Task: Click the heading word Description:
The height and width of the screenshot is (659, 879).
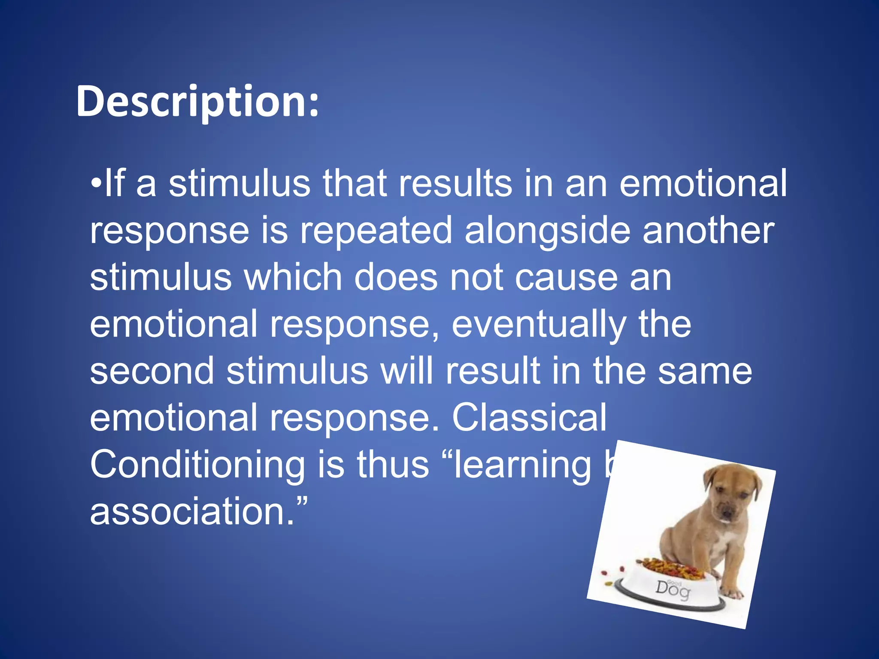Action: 197,102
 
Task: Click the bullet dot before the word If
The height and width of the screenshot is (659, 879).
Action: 97,184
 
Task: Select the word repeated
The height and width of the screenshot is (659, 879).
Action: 376,230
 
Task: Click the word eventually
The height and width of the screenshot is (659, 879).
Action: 539,325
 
